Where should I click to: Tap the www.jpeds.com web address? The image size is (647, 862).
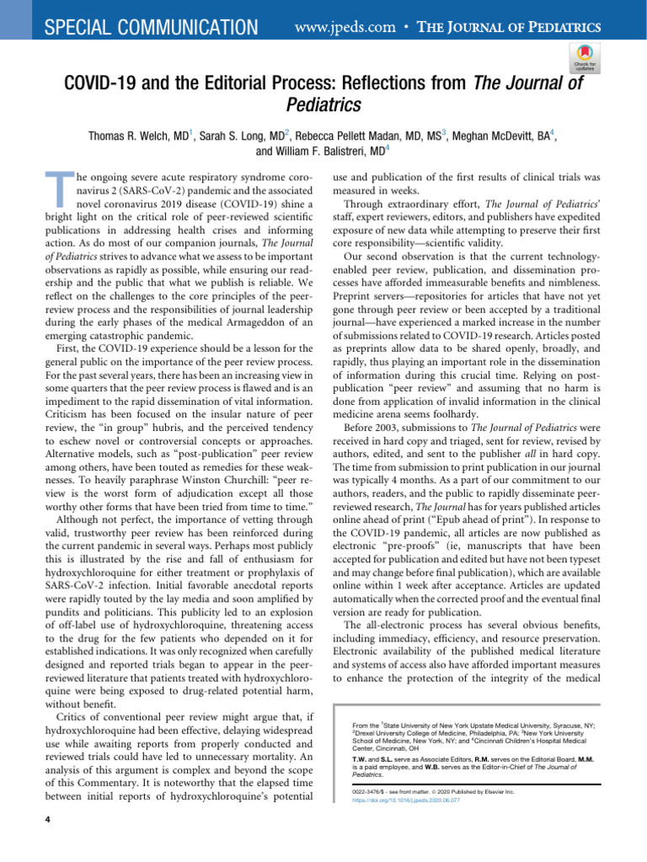pos(345,28)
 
